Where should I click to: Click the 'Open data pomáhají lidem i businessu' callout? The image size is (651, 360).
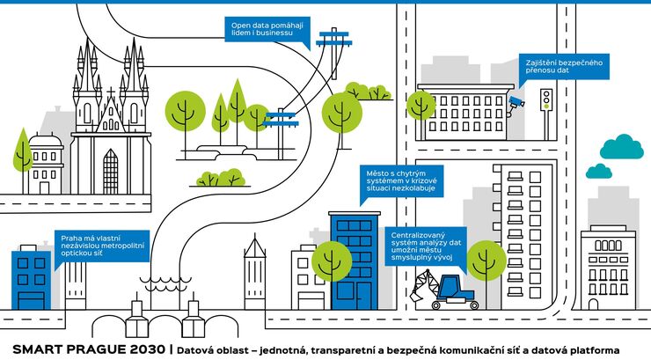coord(267,29)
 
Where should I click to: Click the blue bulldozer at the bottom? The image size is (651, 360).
coord(456,290)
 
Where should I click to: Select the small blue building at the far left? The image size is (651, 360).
coord(30,279)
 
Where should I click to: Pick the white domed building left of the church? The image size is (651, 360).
coord(45,163)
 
